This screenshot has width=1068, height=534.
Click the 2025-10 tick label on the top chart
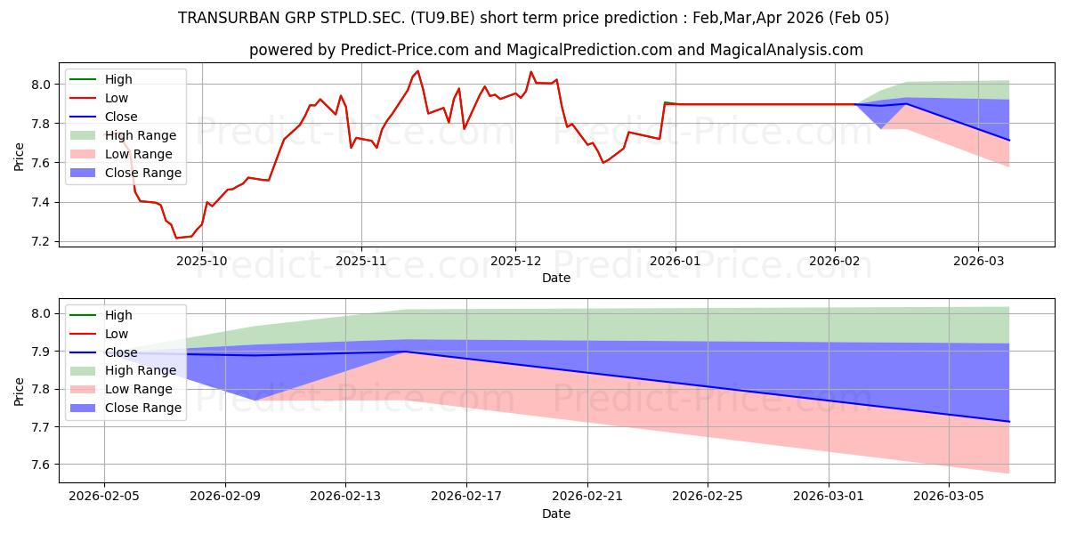[x=202, y=261]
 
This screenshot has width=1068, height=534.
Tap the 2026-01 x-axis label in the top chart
[x=675, y=261]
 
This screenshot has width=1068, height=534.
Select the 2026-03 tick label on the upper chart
[x=978, y=261]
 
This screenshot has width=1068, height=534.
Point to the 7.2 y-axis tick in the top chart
[x=42, y=242]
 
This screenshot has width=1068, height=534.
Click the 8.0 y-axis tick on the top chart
[x=42, y=85]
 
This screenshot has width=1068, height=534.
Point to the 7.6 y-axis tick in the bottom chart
[x=42, y=465]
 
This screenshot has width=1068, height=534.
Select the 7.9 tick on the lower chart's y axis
[x=42, y=352]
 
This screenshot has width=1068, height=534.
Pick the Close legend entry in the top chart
[x=121, y=117]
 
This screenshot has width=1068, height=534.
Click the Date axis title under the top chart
[x=556, y=278]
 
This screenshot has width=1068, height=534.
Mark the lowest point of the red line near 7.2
[x=176, y=238]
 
